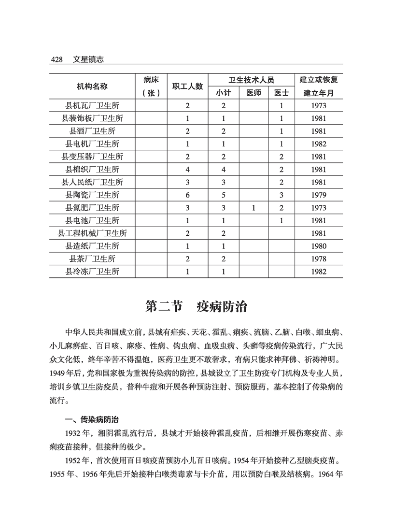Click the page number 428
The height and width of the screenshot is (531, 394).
(57, 59)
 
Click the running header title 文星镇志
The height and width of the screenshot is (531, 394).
(88, 59)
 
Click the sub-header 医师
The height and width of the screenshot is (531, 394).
(253, 93)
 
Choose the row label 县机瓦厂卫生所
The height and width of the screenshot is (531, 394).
(92, 105)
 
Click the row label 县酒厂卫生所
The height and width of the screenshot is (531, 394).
(92, 131)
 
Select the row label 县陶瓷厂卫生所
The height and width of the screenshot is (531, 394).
(92, 195)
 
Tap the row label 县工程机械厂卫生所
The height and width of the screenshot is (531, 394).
(92, 233)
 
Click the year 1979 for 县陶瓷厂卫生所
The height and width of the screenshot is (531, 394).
(319, 195)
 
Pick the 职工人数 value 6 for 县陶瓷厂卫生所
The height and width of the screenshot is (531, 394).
(188, 195)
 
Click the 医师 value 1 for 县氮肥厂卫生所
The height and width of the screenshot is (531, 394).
(253, 208)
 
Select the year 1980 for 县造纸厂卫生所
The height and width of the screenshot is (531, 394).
(319, 246)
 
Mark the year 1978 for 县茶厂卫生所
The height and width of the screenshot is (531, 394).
(319, 258)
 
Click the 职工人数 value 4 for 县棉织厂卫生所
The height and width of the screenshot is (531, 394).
(188, 169)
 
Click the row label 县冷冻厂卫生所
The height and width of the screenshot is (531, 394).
(92, 272)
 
